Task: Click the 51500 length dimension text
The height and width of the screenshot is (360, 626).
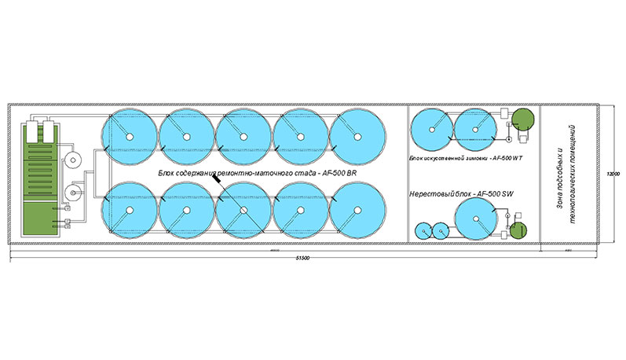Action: [x=306, y=259]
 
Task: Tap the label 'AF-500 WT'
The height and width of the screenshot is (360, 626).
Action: [x=507, y=158]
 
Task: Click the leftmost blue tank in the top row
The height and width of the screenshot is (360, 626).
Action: [x=130, y=135]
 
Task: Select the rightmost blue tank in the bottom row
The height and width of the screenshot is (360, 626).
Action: [x=358, y=210]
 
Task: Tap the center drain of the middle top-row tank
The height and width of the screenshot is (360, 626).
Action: [x=243, y=137]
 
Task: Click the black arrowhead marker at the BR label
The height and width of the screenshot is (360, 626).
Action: [x=215, y=181]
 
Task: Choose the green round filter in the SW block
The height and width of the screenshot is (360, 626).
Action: [x=518, y=230]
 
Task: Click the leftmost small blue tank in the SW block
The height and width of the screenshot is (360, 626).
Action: [x=423, y=231]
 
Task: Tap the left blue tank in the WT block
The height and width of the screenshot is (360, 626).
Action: [x=431, y=127]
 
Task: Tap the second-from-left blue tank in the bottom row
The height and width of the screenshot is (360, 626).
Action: [x=186, y=210]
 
